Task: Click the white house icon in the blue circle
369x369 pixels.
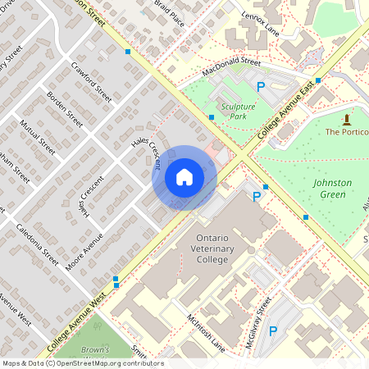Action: pyautogui.click(x=184, y=176)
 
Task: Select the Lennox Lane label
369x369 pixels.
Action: pyautogui.click(x=262, y=23)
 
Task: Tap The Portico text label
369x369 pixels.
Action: pyautogui.click(x=347, y=131)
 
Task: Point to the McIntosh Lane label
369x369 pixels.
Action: pyautogui.click(x=205, y=332)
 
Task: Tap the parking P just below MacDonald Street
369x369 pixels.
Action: pyautogui.click(x=262, y=86)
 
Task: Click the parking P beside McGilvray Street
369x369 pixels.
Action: pyautogui.click(x=274, y=331)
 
